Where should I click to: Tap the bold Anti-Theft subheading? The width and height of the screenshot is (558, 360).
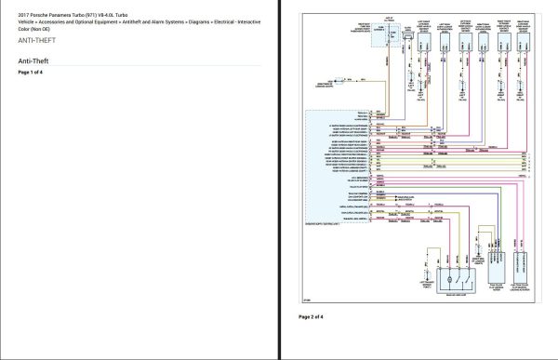coord(33,61)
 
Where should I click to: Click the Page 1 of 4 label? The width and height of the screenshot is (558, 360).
coord(30,72)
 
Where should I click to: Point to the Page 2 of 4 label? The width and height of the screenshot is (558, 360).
coord(311,316)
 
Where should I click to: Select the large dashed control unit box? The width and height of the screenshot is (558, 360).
coord(339,168)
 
